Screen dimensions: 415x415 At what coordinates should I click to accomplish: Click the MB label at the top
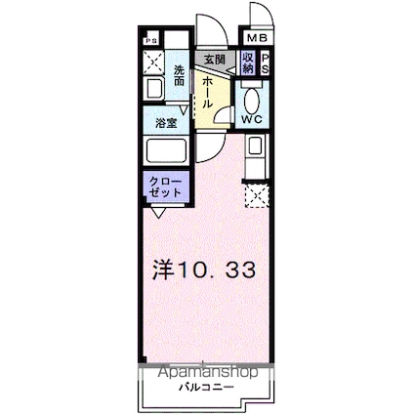[255, 38]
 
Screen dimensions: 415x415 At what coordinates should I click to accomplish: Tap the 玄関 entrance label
[213, 60]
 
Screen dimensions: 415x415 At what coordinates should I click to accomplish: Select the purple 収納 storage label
[248, 63]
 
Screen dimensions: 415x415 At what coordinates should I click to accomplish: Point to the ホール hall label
[209, 92]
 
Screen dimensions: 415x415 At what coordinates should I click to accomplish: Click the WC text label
[250, 119]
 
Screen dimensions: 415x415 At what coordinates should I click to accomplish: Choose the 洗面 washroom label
[180, 76]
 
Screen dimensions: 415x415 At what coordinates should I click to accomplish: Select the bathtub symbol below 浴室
[165, 152]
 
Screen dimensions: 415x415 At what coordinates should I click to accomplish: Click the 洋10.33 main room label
[203, 270]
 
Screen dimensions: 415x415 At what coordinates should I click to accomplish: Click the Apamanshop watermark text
[204, 372]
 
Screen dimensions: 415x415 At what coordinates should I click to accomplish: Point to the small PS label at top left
[151, 41]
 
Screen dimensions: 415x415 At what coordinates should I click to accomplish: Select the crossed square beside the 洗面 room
[154, 63]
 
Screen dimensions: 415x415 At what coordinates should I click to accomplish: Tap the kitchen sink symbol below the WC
[255, 147]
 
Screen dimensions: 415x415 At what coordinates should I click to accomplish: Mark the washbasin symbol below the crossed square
[154, 90]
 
